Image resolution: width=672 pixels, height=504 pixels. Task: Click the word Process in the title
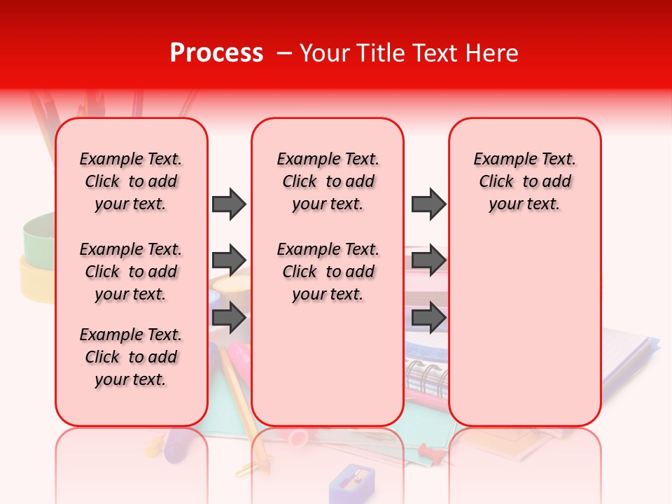click(x=216, y=53)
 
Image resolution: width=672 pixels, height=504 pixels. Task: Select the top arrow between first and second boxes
click(x=229, y=204)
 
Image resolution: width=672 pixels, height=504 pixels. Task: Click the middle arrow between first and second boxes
click(x=229, y=260)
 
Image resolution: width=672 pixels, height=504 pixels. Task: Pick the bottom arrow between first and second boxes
click(x=229, y=318)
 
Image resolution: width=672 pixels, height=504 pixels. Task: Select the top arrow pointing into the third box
click(x=428, y=204)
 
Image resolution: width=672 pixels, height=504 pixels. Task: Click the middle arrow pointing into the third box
click(x=428, y=260)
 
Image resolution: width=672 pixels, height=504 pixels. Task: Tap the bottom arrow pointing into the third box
click(x=428, y=318)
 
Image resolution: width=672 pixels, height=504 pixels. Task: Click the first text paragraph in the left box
click(x=131, y=181)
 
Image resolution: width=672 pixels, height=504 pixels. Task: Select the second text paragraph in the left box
click(x=131, y=272)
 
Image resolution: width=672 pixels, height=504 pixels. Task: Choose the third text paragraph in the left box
click(x=131, y=357)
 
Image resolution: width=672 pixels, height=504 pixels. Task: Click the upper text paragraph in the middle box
click(x=328, y=181)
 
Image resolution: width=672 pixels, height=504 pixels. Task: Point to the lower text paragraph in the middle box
click(x=328, y=272)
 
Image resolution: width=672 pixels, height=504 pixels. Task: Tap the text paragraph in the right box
click(x=524, y=181)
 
